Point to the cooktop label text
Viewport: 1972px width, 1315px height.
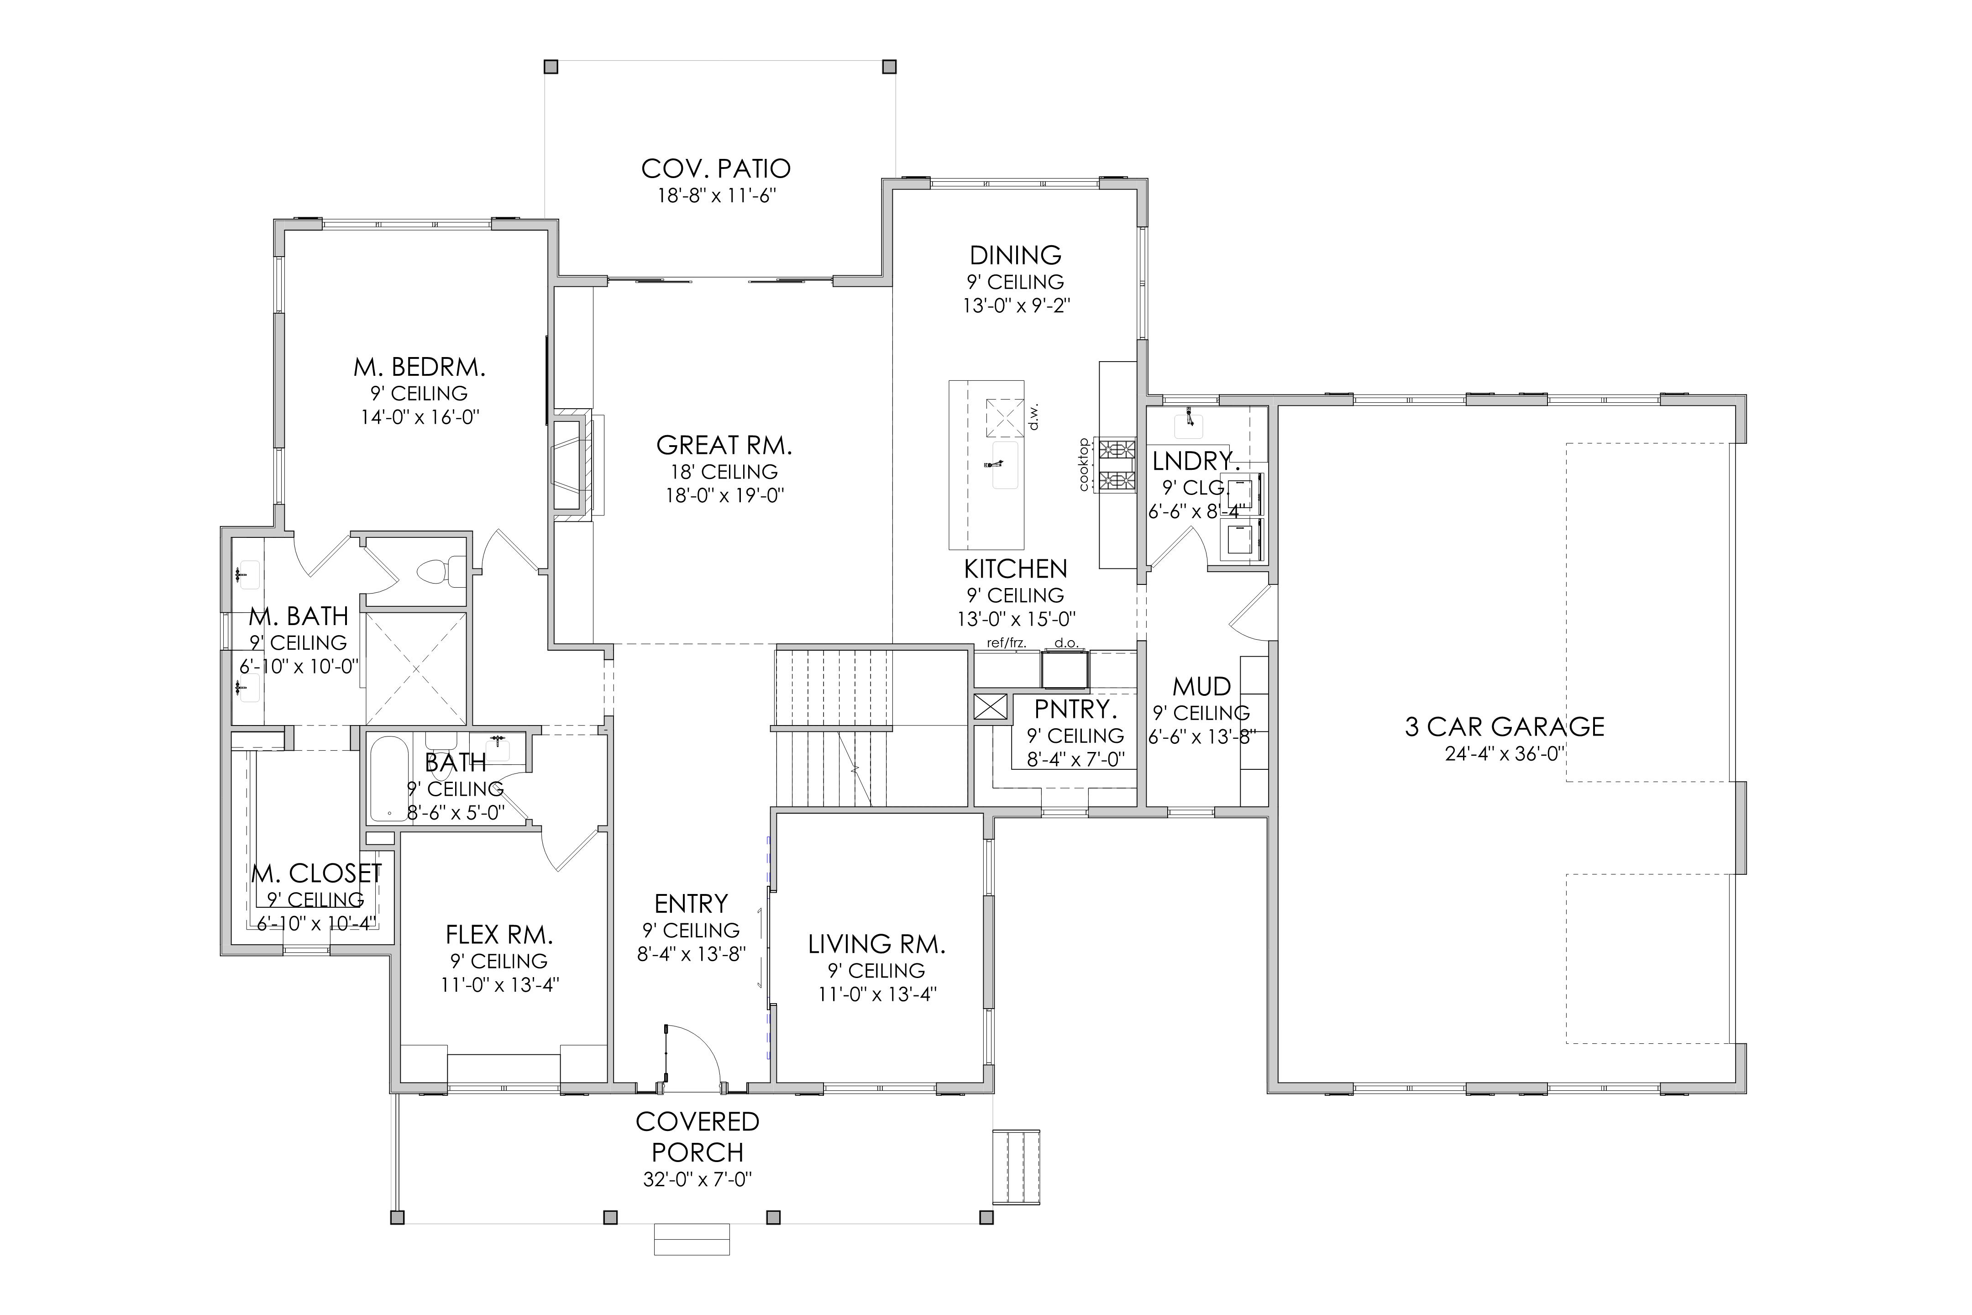click(x=1083, y=465)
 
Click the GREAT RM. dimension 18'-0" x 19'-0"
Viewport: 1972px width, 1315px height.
click(x=724, y=496)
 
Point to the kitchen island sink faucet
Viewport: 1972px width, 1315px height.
click(x=997, y=463)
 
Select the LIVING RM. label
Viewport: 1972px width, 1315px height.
click(x=876, y=944)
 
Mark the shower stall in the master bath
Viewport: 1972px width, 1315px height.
click(x=416, y=668)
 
